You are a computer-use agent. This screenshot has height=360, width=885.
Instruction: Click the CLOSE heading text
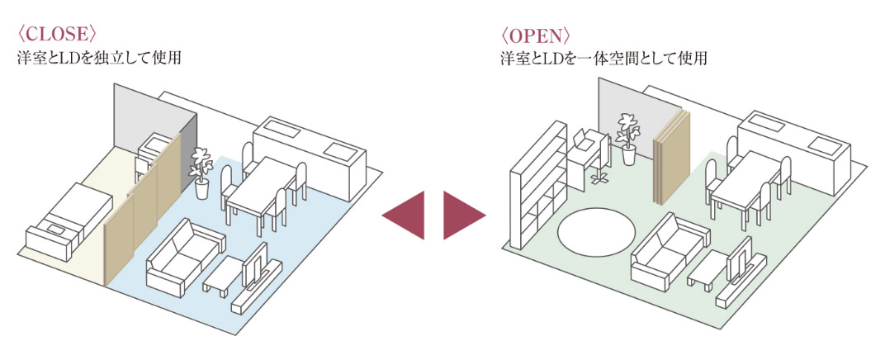[57, 34]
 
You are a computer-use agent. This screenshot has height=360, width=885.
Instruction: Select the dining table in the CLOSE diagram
[260, 192]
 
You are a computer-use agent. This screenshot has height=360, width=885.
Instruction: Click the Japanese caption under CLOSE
[98, 59]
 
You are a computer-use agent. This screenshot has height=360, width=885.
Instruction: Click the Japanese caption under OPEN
[603, 59]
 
